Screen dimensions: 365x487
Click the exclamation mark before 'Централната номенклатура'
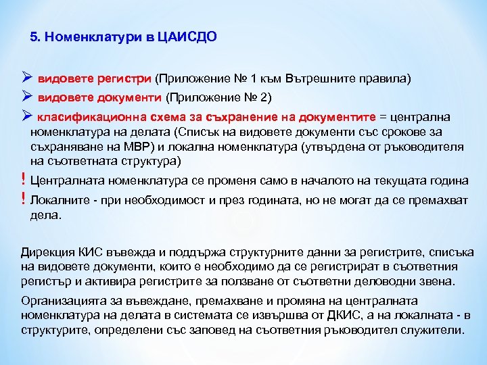click(24, 180)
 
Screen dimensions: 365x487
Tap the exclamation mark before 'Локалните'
click(24, 199)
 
